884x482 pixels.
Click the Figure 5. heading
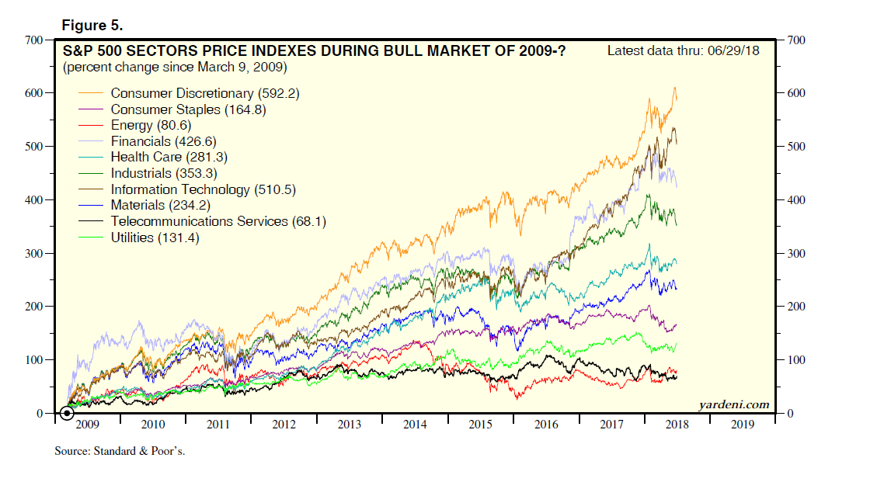coord(92,26)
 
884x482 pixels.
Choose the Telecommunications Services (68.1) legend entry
coord(218,221)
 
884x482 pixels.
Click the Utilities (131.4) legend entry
coord(155,238)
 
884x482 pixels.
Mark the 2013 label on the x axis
coord(350,425)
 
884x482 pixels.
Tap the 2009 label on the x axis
coord(87,425)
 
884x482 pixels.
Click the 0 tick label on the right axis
coord(794,414)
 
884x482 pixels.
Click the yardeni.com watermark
coord(733,404)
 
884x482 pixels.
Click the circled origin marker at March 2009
coord(67,413)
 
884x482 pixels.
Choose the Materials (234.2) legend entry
coord(160,205)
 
